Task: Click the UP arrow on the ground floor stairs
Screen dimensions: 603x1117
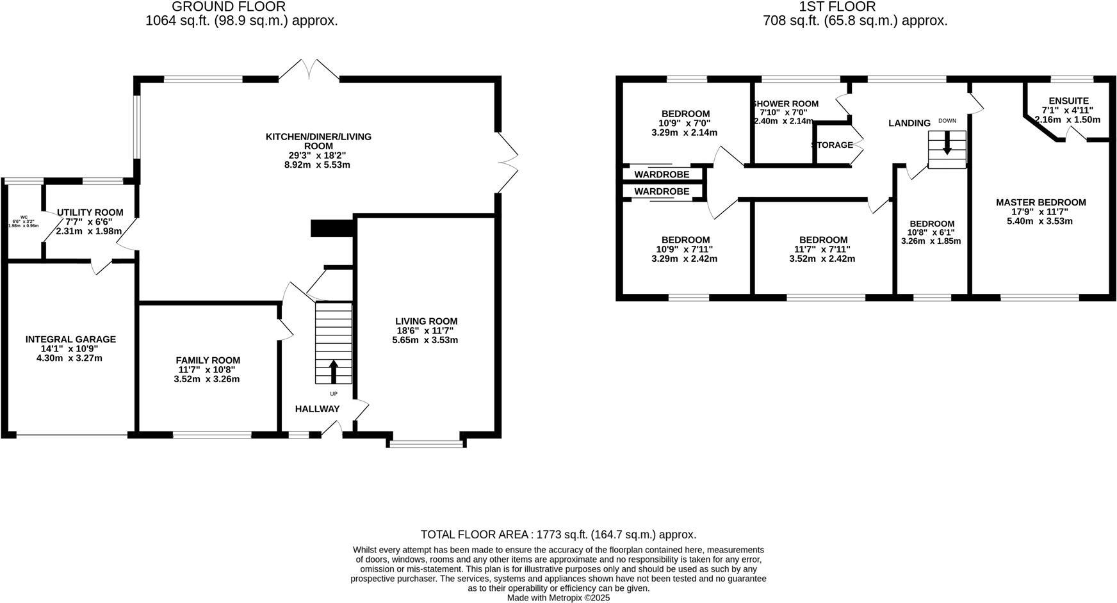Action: point(333,372)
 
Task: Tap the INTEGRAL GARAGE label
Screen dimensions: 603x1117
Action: point(70,339)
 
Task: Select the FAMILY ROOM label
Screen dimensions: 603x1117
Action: point(208,360)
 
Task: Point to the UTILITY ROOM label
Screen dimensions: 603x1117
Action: point(90,213)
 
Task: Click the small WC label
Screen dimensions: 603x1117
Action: point(24,217)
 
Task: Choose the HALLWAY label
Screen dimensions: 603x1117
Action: point(317,409)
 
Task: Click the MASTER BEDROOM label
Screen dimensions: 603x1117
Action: point(1040,202)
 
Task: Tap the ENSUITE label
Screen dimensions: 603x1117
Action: point(1068,101)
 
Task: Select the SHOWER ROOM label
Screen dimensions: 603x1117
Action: point(785,104)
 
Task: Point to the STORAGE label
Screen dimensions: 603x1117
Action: point(833,145)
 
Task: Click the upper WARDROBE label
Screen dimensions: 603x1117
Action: point(662,175)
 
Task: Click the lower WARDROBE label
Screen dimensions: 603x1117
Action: point(662,191)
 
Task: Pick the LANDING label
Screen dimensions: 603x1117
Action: point(909,123)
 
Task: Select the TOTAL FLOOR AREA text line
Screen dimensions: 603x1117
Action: point(558,535)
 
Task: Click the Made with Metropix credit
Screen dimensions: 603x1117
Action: point(558,598)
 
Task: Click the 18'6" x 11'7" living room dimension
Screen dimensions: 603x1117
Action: point(425,331)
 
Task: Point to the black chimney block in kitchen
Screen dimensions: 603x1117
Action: point(332,229)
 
